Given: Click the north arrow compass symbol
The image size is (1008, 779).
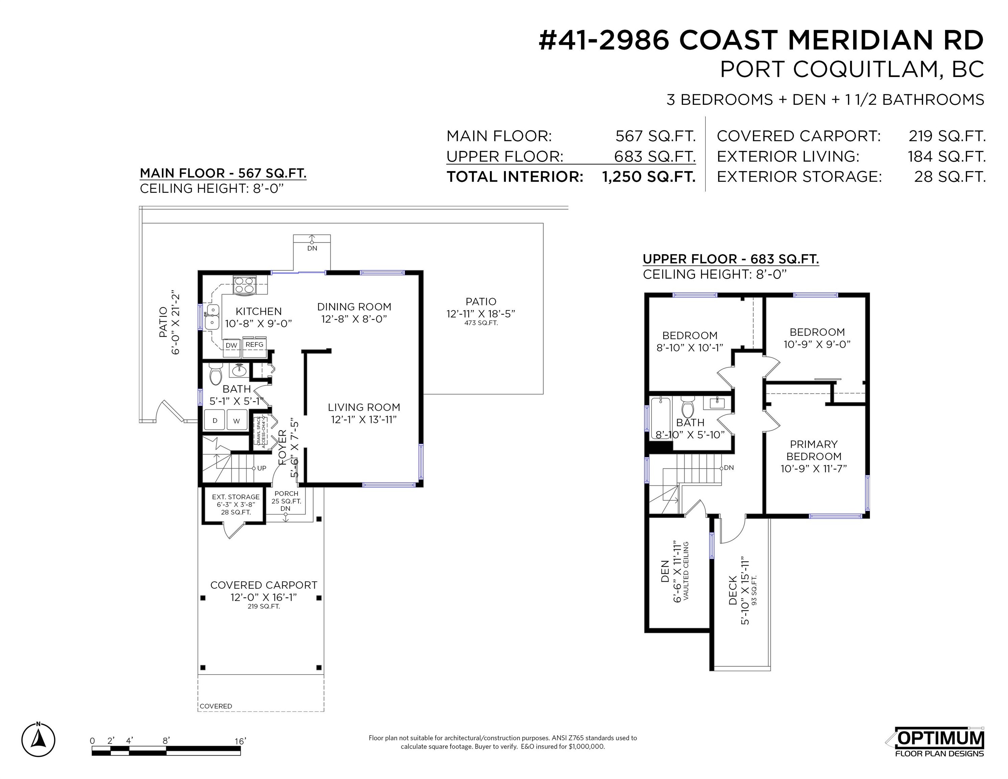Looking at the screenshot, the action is pos(38,740).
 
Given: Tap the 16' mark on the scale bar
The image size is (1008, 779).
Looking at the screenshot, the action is pos(240,741).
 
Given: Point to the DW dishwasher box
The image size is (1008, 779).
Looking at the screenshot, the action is pos(231,345).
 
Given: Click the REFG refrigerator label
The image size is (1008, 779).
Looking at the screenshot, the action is pos(254,344).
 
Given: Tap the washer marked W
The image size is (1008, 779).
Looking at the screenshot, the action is pos(237,420).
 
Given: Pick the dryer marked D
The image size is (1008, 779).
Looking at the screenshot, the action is pos(215,420).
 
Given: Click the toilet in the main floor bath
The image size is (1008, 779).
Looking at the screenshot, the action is pos(215,374).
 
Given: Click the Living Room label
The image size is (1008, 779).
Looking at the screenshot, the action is pos(364,413).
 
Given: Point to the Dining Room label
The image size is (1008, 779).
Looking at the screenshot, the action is pos(354,312).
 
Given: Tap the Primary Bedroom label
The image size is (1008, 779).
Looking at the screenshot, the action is pos(814,456).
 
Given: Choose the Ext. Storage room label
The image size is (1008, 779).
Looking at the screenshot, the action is pos(236,504).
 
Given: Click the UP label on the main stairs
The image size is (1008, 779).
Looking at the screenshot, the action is pos(262,468).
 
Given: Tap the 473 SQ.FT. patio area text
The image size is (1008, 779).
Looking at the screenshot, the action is pos(481,323).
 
